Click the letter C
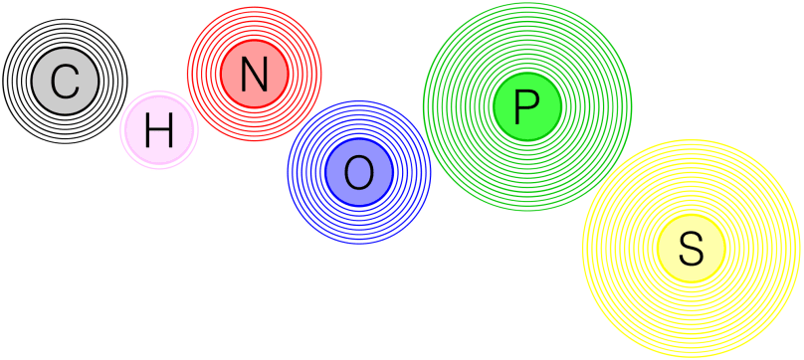tap(65, 82)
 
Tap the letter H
tap(159, 131)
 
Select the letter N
tap(254, 75)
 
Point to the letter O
tap(358, 174)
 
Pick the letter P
tap(526, 105)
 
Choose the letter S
tap(691, 248)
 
